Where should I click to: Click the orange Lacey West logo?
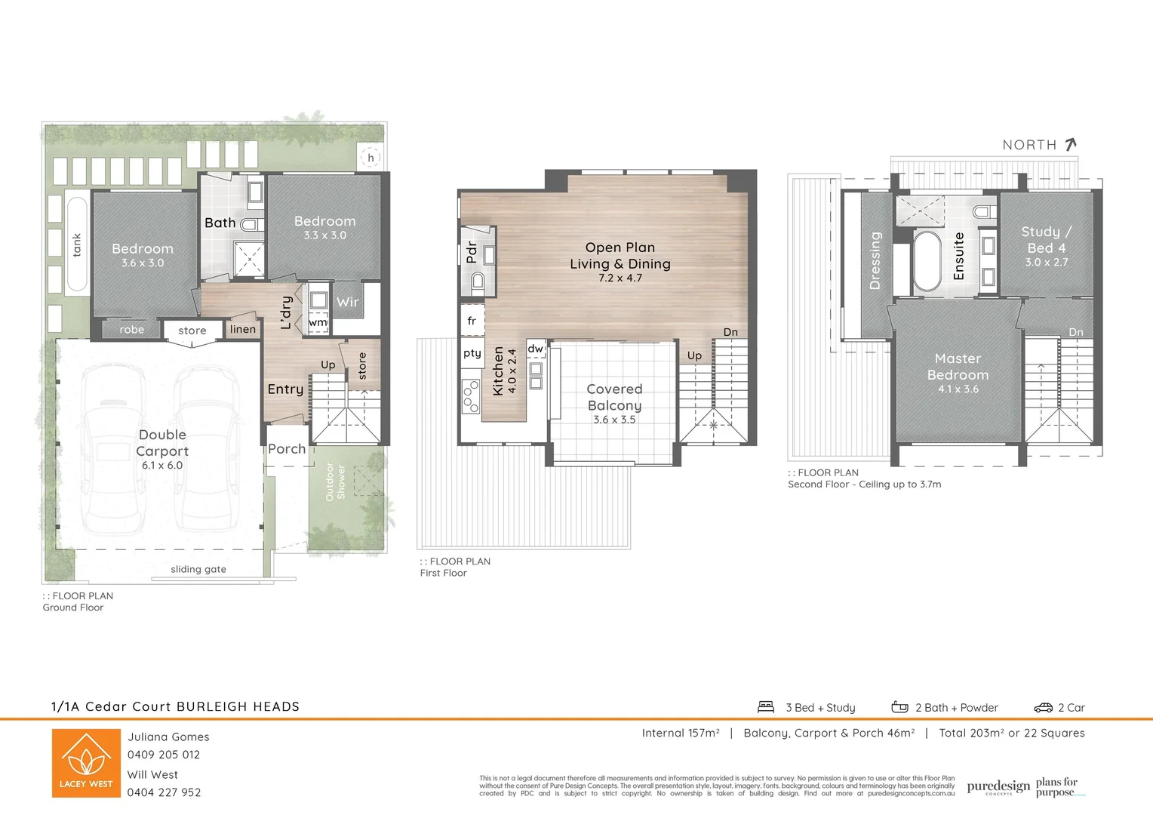pyautogui.click(x=86, y=763)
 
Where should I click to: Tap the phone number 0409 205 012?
pyautogui.click(x=164, y=755)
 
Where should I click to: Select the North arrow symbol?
pyautogui.click(x=1070, y=144)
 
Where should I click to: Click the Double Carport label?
pyautogui.click(x=162, y=443)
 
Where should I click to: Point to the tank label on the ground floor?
pyautogui.click(x=76, y=244)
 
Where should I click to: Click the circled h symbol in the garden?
pyautogui.click(x=370, y=158)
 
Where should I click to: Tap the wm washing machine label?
pyautogui.click(x=318, y=322)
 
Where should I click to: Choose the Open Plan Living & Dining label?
pyautogui.click(x=620, y=256)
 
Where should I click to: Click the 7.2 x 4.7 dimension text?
pyautogui.click(x=620, y=278)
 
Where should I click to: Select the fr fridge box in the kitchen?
pyautogui.click(x=472, y=321)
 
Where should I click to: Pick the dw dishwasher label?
pyautogui.click(x=535, y=349)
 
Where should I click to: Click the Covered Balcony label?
pyautogui.click(x=614, y=397)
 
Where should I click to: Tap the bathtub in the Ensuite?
pyautogui.click(x=927, y=261)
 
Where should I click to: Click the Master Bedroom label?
pyautogui.click(x=958, y=367)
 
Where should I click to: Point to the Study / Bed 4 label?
pyautogui.click(x=1046, y=240)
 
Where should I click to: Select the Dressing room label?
pyautogui.click(x=875, y=260)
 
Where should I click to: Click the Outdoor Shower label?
pyautogui.click(x=335, y=481)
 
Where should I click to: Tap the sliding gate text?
pyautogui.click(x=198, y=569)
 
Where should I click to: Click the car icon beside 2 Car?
pyautogui.click(x=1043, y=707)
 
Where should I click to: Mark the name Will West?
pyautogui.click(x=152, y=774)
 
